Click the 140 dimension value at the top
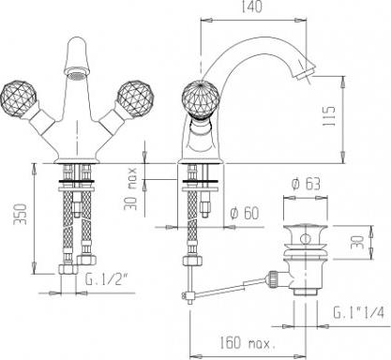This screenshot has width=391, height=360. coord(251,7)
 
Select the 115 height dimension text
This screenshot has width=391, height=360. coord(329,116)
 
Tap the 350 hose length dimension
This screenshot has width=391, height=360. coord(22,214)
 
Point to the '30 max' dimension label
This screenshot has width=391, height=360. coord(130,188)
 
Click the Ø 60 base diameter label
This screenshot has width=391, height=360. coord(245,213)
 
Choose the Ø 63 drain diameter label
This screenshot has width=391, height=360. coord(306,184)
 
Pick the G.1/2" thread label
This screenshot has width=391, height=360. coord(106,278)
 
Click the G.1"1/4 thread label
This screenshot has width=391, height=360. coord(358,312)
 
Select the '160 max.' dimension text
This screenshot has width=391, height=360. coord(248,343)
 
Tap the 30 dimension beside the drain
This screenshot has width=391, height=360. coord(358,242)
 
